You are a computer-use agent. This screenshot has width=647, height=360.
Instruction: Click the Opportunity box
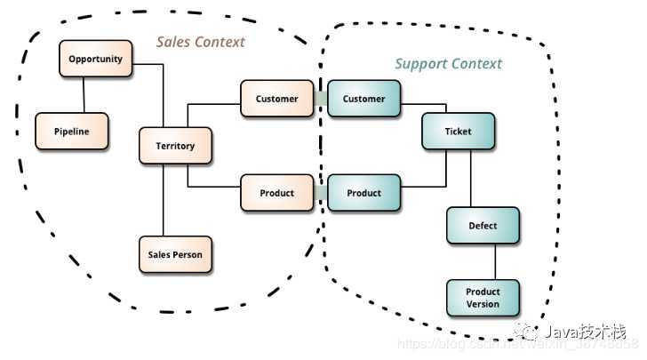96,60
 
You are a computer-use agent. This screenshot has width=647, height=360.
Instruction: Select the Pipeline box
71,131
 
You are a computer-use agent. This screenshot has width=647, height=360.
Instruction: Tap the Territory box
176,146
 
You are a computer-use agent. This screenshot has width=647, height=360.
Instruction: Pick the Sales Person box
175,254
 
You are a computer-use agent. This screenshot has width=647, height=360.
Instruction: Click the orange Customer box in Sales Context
276,99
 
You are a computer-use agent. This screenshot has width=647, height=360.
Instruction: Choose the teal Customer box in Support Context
363,99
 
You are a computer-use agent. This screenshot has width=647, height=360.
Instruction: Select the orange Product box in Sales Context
276,193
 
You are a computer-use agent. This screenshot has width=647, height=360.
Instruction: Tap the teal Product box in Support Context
363,193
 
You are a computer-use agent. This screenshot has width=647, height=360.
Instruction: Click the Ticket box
458,132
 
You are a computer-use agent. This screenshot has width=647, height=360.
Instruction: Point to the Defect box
483,226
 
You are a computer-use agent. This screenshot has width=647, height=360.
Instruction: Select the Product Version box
483,298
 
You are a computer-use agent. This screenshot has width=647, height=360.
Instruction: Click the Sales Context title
200,42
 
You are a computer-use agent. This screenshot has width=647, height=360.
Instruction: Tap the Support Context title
448,64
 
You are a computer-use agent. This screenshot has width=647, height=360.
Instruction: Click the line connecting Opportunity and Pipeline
84,95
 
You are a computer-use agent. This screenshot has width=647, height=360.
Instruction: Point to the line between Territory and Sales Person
163,200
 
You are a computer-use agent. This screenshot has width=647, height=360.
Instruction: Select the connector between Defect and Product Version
495,261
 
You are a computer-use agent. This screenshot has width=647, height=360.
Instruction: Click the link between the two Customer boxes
320,99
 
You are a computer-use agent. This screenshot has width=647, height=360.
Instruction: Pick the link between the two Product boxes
320,193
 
